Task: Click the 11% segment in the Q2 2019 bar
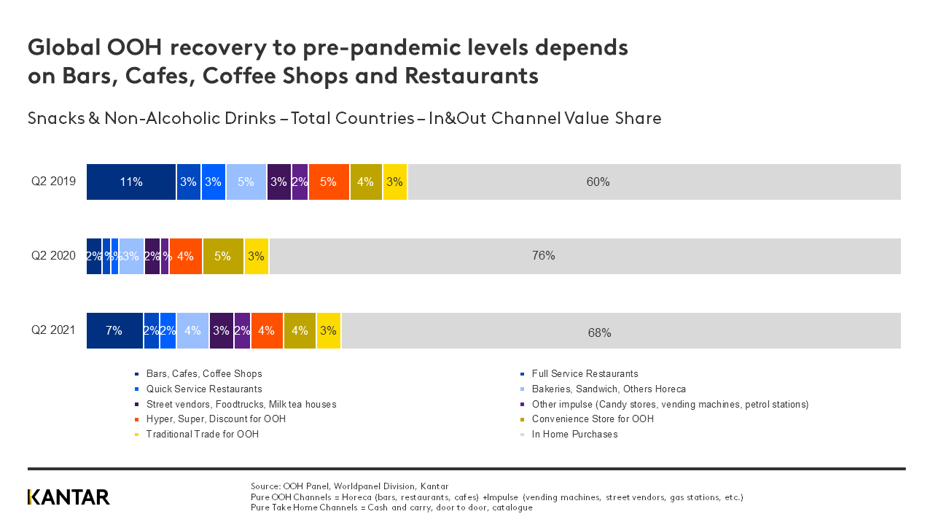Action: [131, 182]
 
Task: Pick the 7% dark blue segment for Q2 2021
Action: [114, 330]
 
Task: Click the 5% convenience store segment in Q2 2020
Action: [223, 256]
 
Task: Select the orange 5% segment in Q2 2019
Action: [329, 182]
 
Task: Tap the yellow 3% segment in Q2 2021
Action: [329, 330]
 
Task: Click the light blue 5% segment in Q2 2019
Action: [246, 182]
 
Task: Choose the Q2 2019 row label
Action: [53, 182]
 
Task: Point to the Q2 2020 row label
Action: [53, 256]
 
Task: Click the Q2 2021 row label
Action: [53, 330]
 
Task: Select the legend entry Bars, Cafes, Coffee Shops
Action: [203, 374]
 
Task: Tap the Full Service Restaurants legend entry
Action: [585, 374]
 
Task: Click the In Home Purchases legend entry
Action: [574, 435]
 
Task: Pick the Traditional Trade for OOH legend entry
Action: [202, 435]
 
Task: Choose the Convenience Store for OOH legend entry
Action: [592, 419]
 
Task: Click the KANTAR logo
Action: [69, 497]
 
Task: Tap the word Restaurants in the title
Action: [472, 76]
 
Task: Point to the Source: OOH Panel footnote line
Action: [349, 486]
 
